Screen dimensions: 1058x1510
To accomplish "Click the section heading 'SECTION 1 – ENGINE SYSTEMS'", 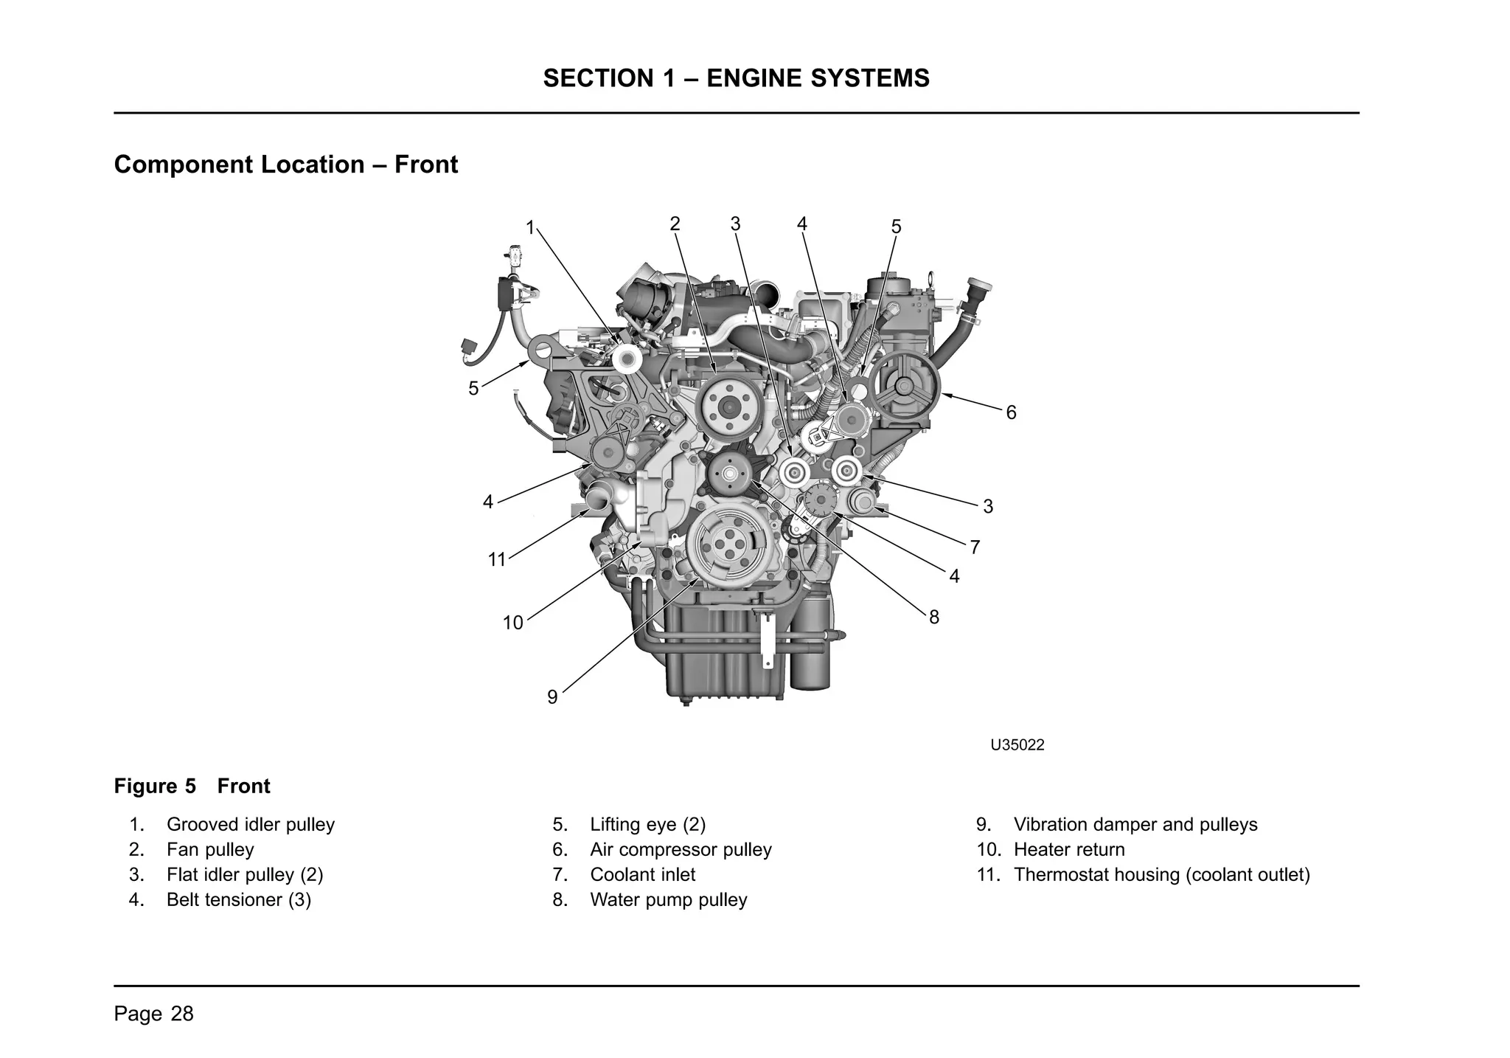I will (736, 78).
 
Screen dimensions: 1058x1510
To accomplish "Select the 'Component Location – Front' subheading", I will (286, 165).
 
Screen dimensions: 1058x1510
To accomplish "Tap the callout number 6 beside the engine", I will (1011, 413).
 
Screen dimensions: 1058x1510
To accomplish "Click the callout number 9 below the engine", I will (552, 697).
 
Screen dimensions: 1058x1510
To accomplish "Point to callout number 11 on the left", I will (497, 560).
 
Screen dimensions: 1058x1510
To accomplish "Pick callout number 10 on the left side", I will (512, 623).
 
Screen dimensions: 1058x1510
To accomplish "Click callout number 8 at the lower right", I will (934, 618).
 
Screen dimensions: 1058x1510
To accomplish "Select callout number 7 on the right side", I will (975, 547).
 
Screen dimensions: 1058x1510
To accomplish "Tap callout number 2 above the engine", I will (675, 224).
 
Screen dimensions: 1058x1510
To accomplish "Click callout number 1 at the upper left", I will (529, 228).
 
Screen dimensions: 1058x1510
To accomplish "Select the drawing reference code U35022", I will (1017, 745).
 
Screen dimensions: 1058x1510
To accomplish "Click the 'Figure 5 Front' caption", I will (192, 786).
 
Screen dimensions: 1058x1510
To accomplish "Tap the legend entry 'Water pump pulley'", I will (668, 900).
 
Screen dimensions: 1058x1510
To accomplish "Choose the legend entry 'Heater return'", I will (1068, 850).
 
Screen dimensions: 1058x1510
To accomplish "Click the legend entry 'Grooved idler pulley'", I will (250, 825).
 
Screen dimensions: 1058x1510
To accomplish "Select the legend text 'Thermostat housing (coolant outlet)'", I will (1161, 875).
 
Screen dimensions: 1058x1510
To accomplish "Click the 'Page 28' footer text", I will (153, 1014).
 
